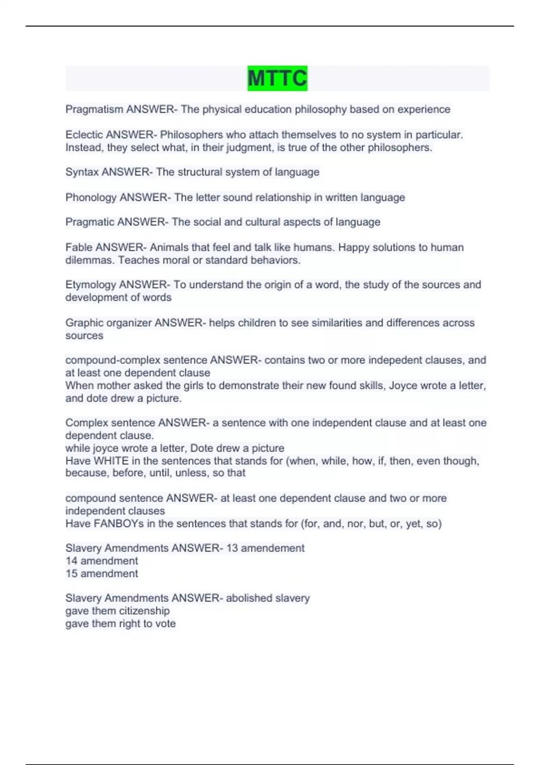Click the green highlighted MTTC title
277,78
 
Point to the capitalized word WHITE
111,461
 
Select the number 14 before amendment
72,561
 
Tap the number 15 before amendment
72,574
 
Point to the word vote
165,624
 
